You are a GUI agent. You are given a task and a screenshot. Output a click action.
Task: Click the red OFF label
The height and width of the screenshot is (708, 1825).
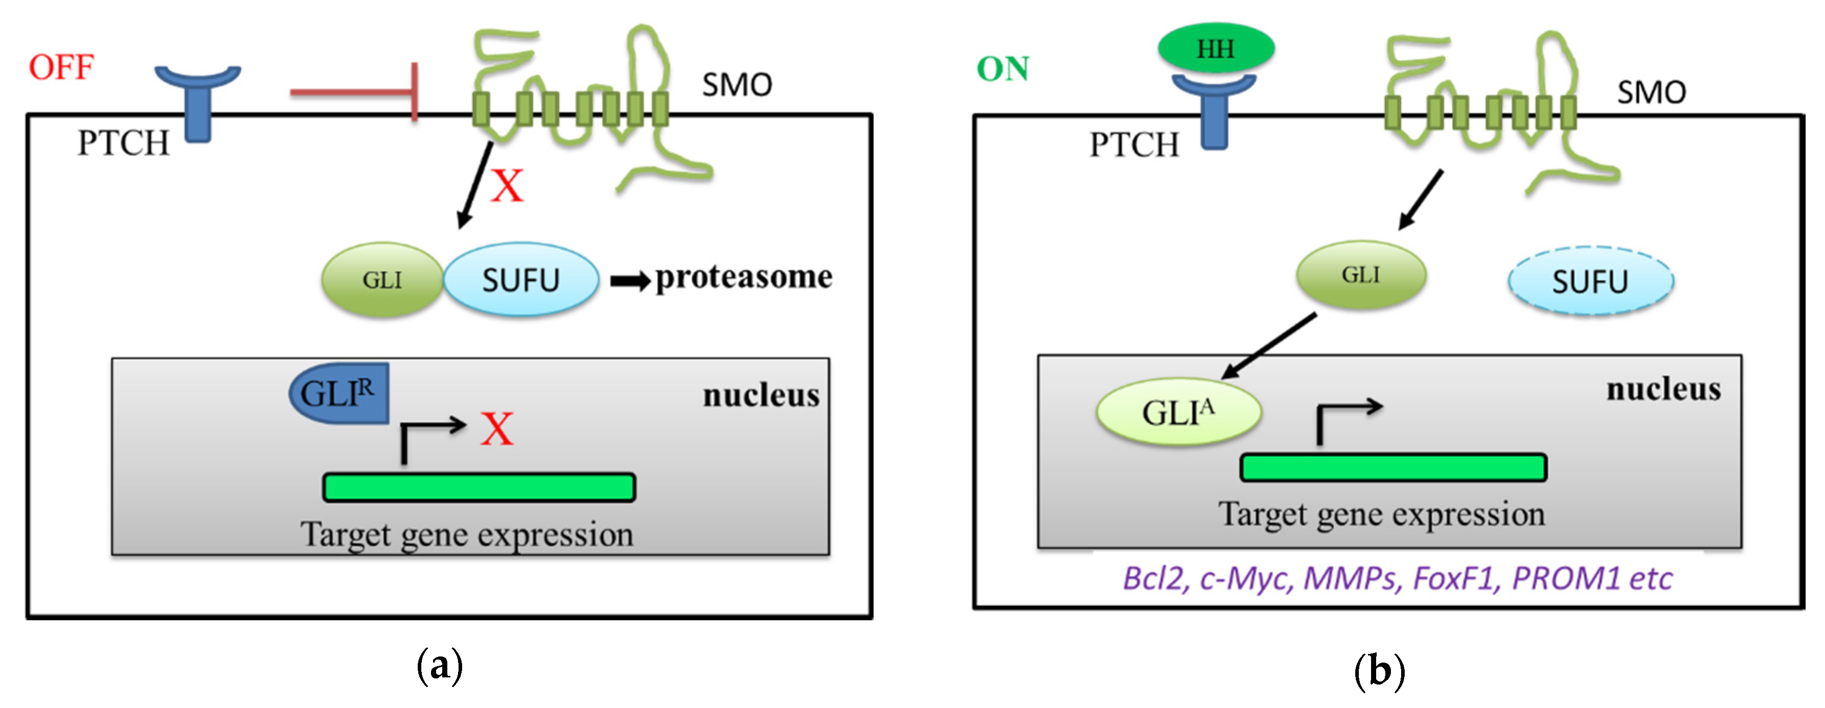(x=61, y=67)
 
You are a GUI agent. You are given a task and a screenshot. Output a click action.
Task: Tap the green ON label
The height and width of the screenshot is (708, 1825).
(x=1002, y=69)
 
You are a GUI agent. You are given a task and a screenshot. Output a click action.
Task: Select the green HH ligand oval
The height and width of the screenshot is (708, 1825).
(x=1215, y=48)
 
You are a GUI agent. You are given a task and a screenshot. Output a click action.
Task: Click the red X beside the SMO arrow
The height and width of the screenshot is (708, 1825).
(x=508, y=186)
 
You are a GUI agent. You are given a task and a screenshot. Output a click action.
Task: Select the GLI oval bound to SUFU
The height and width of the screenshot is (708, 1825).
(x=382, y=280)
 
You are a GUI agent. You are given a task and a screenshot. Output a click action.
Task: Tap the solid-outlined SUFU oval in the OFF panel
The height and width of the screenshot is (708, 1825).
(x=521, y=280)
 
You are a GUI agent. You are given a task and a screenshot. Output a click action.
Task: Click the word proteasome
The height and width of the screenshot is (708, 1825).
(x=743, y=277)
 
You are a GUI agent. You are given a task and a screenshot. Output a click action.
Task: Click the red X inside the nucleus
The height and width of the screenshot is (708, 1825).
(x=497, y=429)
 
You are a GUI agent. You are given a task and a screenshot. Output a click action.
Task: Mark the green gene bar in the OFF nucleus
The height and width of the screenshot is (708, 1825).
(x=479, y=488)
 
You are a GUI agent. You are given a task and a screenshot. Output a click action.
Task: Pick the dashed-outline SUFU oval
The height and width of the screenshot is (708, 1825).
(x=1590, y=282)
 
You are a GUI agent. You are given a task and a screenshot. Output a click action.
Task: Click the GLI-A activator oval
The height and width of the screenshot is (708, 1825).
(x=1178, y=413)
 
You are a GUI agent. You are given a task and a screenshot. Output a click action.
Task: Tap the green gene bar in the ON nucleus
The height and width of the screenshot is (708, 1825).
(x=1393, y=468)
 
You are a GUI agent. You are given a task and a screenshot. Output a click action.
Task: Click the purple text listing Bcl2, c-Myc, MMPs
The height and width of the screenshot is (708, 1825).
(x=1397, y=578)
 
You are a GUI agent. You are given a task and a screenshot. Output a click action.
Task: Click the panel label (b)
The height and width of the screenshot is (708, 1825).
(x=1379, y=670)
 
